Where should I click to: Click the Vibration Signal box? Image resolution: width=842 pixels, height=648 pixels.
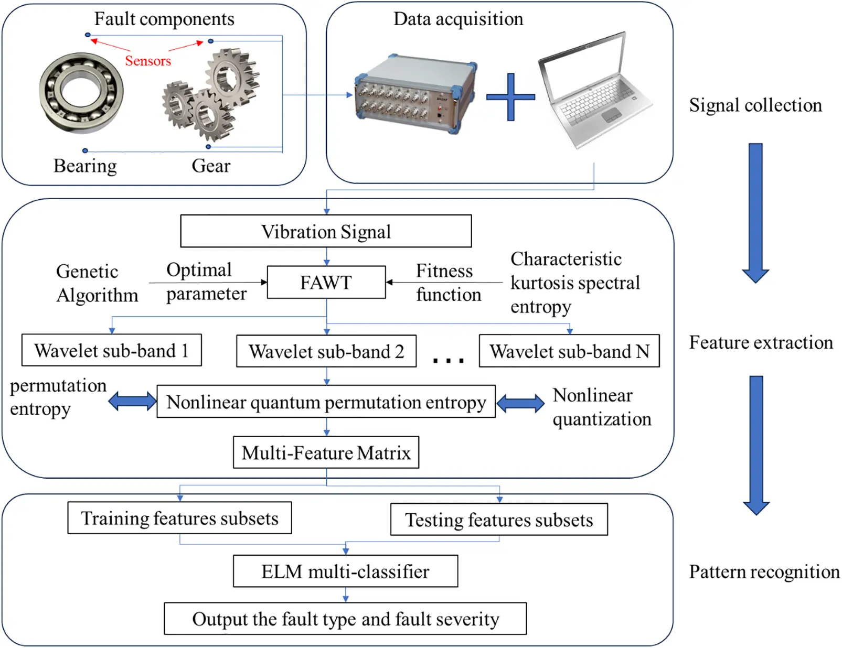[326, 231]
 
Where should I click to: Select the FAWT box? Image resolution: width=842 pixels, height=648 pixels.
[326, 282]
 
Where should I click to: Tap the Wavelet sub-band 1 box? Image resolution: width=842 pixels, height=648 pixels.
[112, 350]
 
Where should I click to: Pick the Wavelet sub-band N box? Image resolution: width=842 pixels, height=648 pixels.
[569, 351]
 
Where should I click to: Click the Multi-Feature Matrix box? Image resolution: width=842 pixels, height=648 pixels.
[326, 452]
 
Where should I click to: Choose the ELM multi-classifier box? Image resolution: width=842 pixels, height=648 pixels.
[345, 571]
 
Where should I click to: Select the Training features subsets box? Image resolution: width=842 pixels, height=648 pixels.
[179, 518]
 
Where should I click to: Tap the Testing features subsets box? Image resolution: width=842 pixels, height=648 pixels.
[499, 520]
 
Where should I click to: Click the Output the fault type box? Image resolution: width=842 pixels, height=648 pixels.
[345, 619]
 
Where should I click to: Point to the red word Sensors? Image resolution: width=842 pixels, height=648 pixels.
[148, 61]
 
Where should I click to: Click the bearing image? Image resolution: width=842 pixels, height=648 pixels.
[81, 93]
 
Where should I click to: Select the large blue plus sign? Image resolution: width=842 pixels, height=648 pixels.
[510, 97]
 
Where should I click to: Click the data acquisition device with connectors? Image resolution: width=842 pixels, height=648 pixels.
[415, 94]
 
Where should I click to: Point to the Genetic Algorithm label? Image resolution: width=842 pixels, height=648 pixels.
[97, 283]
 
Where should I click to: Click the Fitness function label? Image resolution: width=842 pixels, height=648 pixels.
[449, 283]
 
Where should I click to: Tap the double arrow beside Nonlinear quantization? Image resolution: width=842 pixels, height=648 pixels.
[520, 403]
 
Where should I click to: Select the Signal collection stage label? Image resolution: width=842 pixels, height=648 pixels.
[755, 105]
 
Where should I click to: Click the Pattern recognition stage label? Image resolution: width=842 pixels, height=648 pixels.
[764, 572]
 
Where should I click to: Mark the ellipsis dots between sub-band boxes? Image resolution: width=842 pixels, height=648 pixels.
[448, 361]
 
